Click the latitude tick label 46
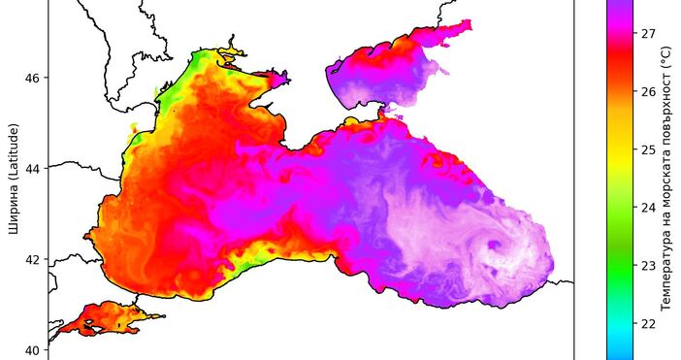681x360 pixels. pos(32,78)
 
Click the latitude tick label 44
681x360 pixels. pos(32,169)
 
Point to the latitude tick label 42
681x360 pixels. pos(32,259)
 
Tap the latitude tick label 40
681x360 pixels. pos(32,350)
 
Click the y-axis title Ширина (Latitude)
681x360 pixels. pos(13,180)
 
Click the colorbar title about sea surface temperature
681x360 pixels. pos(667,180)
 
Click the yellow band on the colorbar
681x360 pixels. pos(620,160)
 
